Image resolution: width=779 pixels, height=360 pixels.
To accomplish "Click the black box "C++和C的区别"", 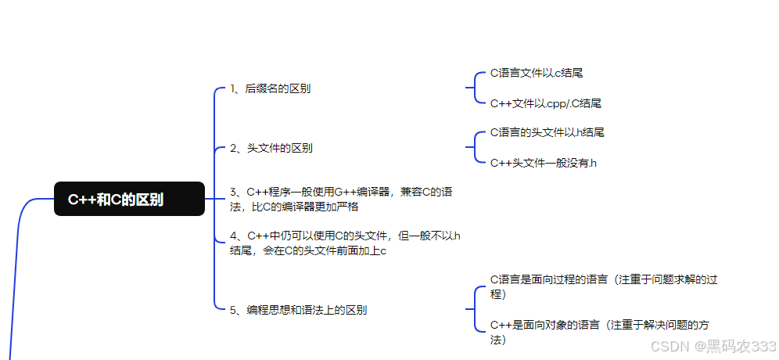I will point(129,199).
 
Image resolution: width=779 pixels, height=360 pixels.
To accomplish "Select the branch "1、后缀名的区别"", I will point(270,88).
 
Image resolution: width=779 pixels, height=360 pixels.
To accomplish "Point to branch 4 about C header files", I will point(345,243).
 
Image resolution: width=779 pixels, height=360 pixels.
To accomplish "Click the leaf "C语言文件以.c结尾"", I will point(537,73).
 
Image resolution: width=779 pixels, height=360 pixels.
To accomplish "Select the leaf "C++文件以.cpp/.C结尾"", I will point(546,103).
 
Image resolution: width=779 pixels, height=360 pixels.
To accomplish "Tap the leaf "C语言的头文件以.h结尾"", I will point(547,132).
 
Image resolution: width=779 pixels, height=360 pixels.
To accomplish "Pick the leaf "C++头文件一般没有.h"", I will point(544,163).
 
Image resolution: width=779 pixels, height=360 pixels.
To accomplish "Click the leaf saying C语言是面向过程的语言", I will point(603,286).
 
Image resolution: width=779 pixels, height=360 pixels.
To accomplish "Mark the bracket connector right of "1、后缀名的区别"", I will point(474,88).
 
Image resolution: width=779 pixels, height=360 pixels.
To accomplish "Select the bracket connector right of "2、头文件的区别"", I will point(474,147).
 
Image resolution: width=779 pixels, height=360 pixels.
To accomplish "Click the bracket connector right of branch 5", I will point(474,309).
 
